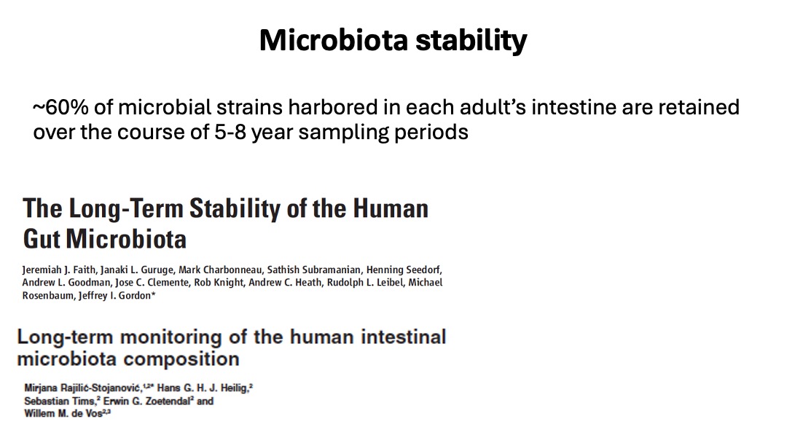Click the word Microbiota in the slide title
(333, 39)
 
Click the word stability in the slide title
(471, 41)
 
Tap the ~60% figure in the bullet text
(60, 107)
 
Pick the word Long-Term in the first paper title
(126, 208)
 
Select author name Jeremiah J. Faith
(59, 270)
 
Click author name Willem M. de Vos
(63, 414)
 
